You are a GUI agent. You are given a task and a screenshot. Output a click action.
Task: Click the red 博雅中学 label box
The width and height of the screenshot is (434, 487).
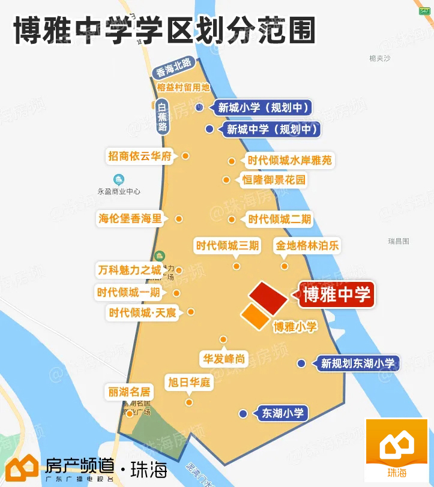337,294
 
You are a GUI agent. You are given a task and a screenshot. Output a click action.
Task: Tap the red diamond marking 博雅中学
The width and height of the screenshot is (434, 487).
268,297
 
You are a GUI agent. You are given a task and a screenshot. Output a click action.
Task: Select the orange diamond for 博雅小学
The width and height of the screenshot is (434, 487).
255,316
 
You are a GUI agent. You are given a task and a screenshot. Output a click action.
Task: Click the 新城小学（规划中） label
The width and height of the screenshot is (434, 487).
265,108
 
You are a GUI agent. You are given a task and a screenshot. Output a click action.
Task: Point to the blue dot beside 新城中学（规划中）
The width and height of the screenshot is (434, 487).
209,129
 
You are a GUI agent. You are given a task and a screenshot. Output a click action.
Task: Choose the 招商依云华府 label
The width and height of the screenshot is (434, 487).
140,156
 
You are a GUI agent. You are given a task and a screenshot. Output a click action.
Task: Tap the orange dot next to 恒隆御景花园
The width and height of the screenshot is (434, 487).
226,180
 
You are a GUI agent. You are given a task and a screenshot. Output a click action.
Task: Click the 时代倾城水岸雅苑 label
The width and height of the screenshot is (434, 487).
289,161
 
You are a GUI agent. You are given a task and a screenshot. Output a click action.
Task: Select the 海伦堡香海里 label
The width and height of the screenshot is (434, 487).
130,219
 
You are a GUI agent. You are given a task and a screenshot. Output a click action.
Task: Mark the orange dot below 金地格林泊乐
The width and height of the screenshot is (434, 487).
285,266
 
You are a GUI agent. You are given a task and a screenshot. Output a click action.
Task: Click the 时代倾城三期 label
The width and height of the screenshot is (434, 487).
228,245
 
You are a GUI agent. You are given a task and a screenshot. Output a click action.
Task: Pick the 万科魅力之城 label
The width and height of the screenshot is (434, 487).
130,270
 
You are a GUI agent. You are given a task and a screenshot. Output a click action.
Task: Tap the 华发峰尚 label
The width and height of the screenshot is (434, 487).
223,359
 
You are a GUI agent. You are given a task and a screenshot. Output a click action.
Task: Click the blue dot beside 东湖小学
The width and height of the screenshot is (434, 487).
243,414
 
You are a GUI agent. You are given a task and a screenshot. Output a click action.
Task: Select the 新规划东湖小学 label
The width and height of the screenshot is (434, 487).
358,363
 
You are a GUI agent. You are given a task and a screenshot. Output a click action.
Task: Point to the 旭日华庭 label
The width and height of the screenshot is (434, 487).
189,382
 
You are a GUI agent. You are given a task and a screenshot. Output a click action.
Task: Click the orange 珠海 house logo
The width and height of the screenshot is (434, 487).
396,449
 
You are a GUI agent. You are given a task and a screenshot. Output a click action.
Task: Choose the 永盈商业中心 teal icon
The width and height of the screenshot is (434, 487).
119,179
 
